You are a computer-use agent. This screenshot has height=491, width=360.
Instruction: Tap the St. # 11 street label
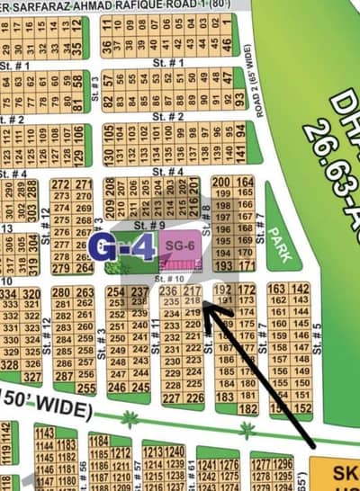pyautogui.click(x=157, y=337)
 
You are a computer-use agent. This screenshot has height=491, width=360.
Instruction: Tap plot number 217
pyautogui.click(x=192, y=291)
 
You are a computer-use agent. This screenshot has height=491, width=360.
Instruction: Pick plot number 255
pyautogui.click(x=85, y=388)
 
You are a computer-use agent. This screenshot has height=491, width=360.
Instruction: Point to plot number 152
pyautogui.click(x=301, y=407)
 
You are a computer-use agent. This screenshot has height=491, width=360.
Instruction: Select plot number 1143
pyautogui.click(x=43, y=433)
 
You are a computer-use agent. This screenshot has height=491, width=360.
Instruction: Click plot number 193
pyautogui.click(x=222, y=266)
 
